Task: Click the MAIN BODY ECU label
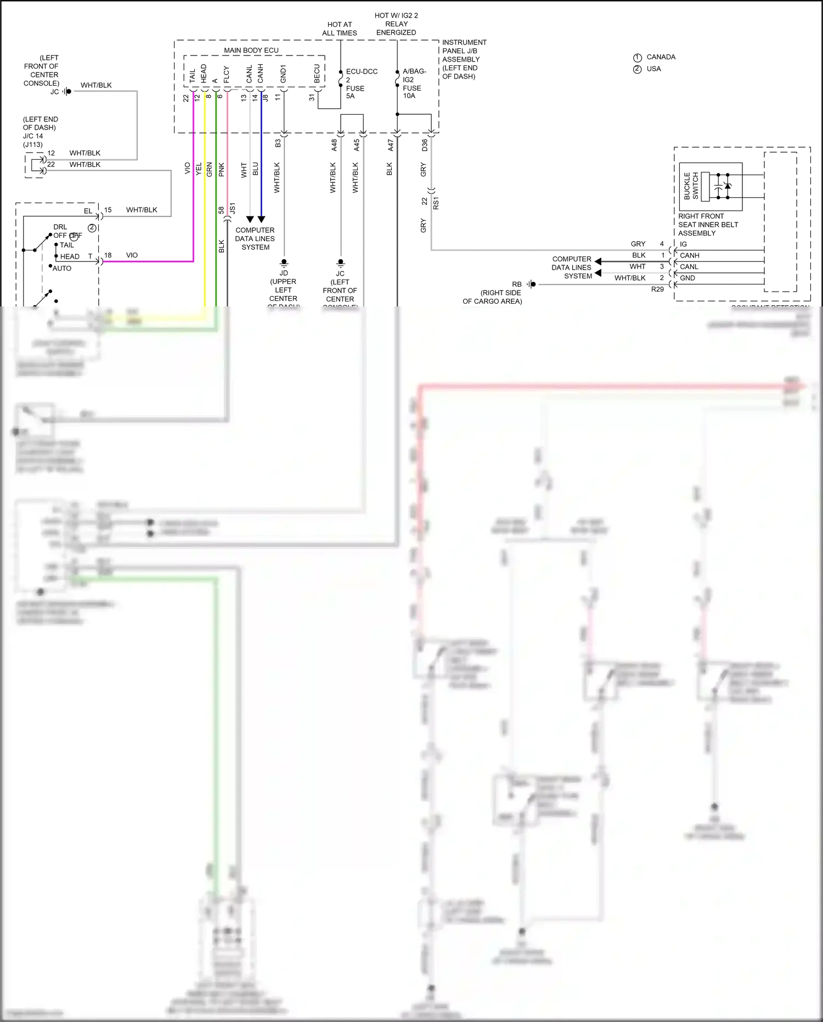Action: [x=251, y=50]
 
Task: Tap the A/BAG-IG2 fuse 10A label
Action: [x=413, y=83]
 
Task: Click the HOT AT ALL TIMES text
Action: [x=339, y=29]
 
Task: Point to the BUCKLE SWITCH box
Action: [x=710, y=186]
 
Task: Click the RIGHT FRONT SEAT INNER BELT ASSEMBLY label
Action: [x=708, y=225]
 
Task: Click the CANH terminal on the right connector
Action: [x=689, y=255]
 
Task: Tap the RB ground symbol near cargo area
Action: [x=531, y=284]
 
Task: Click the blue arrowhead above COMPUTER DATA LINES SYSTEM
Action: [x=261, y=219]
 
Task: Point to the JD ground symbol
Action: [x=284, y=263]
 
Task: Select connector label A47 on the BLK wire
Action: [x=391, y=145]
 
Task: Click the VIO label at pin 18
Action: [x=132, y=255]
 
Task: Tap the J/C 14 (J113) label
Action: [x=33, y=140]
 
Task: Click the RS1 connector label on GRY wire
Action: [x=436, y=203]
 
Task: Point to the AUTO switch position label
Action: [x=62, y=269]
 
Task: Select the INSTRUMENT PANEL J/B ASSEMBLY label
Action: [x=464, y=59]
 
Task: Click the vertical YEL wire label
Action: [x=199, y=169]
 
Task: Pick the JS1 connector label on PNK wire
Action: [x=233, y=208]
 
